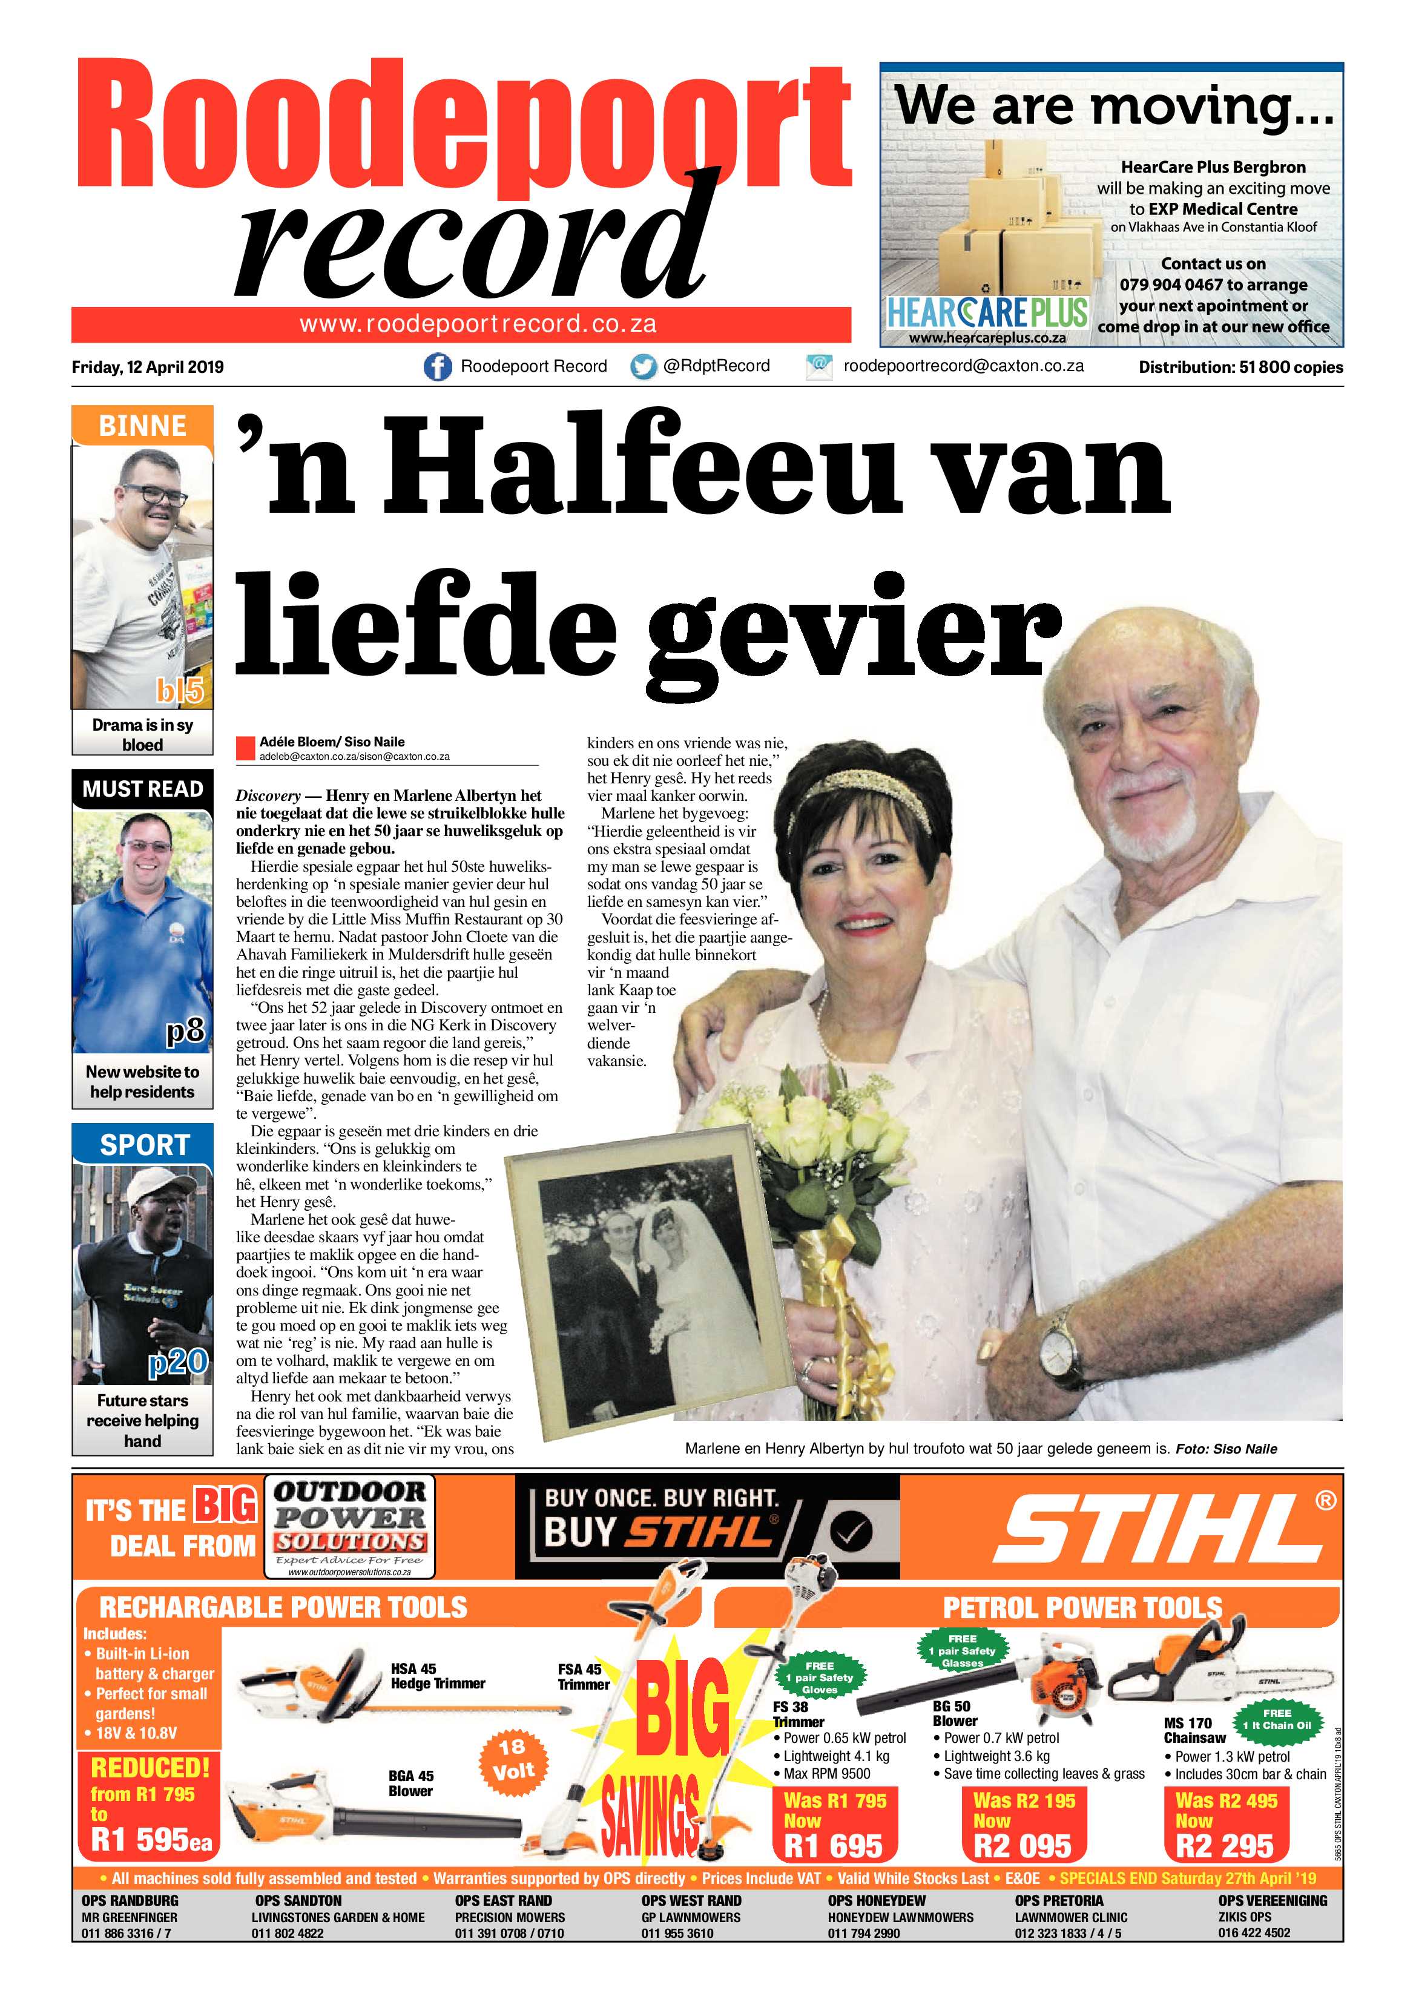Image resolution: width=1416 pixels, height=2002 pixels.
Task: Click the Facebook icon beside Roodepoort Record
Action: point(438,367)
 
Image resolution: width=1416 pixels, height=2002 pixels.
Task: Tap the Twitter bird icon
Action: point(644,367)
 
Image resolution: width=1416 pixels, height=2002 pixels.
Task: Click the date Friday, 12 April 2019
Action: point(147,367)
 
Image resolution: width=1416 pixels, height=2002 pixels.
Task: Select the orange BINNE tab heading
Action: point(142,426)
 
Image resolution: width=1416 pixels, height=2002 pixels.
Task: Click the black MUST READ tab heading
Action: point(142,789)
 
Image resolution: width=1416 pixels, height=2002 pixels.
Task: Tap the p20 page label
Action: point(177,1361)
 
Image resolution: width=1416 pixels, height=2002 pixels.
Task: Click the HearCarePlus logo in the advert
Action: point(986,313)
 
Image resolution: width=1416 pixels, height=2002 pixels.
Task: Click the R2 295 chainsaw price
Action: point(1224,1845)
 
